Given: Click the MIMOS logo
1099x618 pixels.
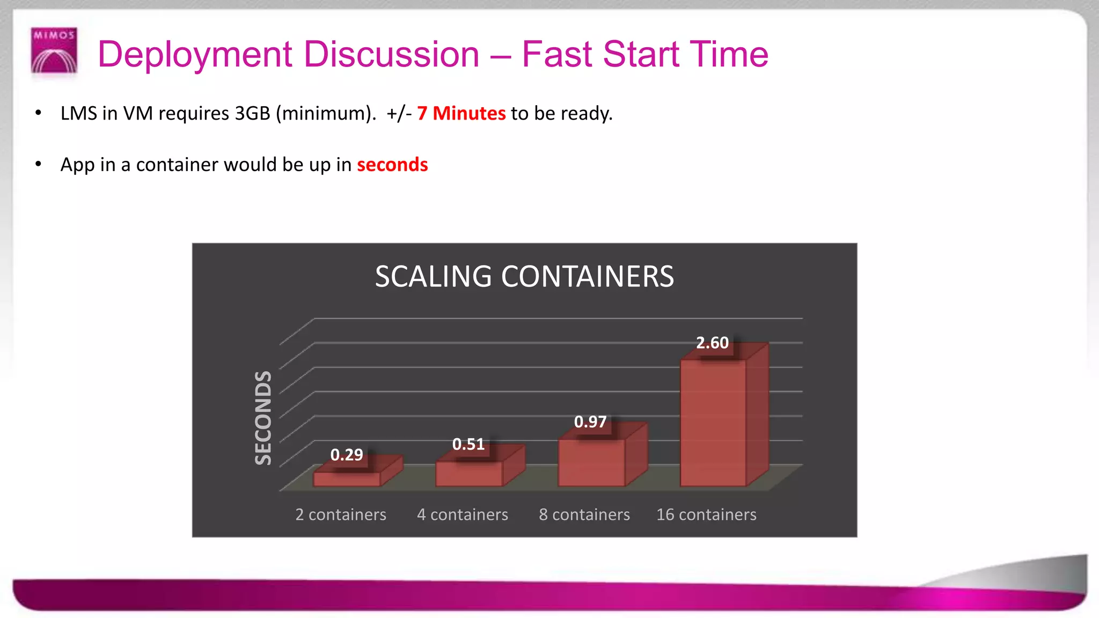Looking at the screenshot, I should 54,50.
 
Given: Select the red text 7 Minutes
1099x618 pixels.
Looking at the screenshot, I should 461,113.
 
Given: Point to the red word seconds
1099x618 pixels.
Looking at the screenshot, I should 392,165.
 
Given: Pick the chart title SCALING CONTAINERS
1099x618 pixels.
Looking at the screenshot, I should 524,277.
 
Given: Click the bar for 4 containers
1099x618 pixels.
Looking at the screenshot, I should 469,473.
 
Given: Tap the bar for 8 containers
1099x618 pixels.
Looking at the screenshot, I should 591,462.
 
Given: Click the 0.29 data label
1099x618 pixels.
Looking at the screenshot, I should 347,455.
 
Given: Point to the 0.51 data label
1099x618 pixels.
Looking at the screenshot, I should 468,444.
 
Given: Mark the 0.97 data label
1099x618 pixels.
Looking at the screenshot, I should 590,422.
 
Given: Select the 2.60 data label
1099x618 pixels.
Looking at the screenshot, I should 712,343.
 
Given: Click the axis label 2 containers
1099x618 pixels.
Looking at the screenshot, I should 341,514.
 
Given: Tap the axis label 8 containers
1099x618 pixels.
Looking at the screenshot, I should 584,514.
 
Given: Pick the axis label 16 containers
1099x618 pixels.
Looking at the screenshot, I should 706,514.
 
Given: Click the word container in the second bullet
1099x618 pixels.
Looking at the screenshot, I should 177,165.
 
